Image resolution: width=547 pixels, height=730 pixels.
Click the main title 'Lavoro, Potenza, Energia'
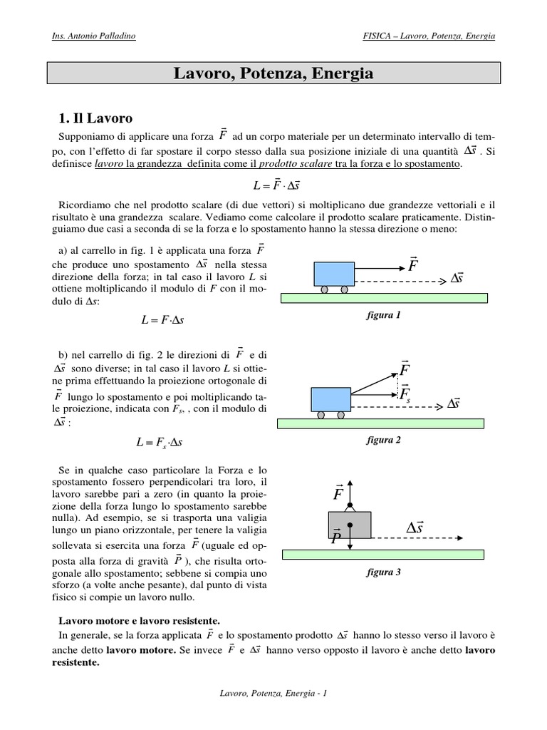273,73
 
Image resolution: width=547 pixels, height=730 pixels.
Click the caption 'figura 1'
384,315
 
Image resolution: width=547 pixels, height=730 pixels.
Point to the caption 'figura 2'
384,440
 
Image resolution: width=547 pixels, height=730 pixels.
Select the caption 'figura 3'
384,572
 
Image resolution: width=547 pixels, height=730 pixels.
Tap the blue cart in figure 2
330,399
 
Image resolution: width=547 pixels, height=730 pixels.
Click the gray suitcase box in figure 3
349,525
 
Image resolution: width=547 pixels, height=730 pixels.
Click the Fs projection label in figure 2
406,394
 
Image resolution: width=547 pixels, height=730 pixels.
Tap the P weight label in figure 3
336,537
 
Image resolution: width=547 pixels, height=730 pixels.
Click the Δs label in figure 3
415,528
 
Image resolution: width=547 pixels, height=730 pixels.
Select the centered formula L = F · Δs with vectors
273,185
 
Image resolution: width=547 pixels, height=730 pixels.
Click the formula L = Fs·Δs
160,443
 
